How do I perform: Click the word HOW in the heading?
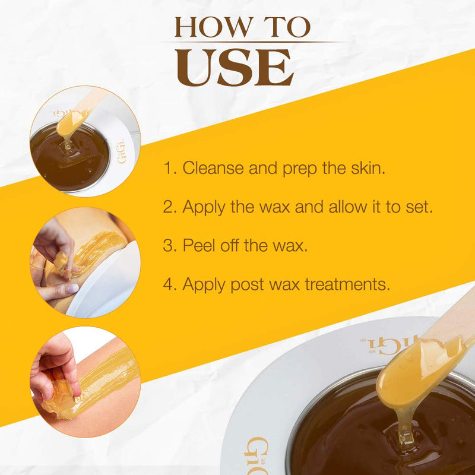pyautogui.click(x=205, y=27)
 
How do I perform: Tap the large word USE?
pyautogui.click(x=235, y=66)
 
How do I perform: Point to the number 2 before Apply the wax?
pyautogui.click(x=168, y=207)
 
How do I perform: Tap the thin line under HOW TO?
pyautogui.click(x=249, y=42)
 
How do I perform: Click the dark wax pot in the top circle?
pyautogui.click(x=68, y=157)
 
